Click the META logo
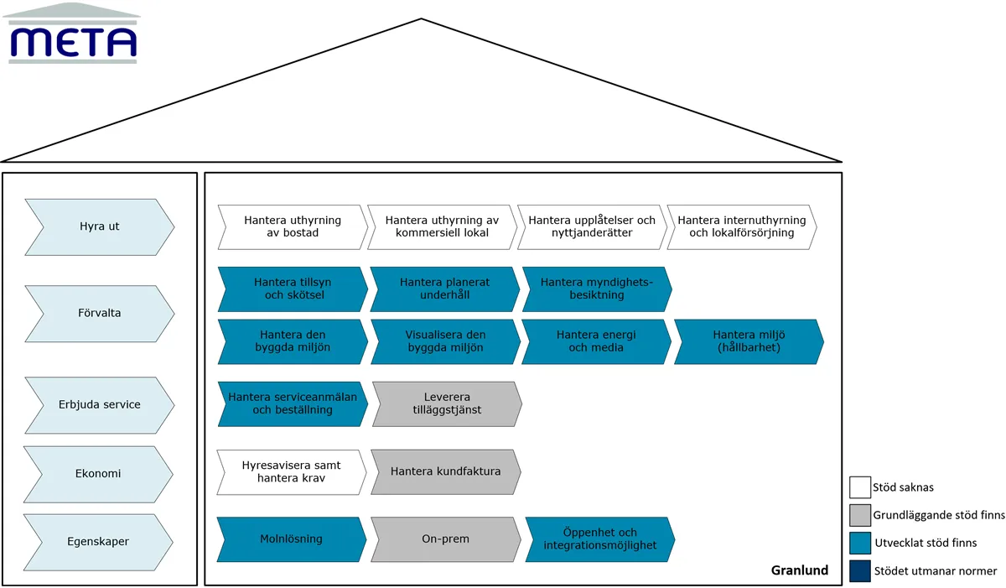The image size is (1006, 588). point(72,34)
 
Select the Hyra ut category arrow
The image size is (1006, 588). point(99,227)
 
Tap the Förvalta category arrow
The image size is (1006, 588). point(99,314)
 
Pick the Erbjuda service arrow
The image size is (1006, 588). point(99,405)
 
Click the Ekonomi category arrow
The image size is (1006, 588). point(98,475)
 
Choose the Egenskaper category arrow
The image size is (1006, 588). point(98,542)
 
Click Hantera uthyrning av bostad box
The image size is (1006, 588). point(293,227)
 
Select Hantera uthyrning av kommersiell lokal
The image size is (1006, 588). point(443,227)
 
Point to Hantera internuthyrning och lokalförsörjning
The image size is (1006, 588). point(742,227)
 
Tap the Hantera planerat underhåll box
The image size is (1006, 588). point(445,289)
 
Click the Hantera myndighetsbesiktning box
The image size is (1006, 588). point(597,289)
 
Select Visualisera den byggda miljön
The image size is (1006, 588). point(445,342)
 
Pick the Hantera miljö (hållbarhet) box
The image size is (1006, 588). point(749,342)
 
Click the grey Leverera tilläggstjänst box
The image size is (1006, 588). point(448,404)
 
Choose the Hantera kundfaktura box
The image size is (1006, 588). point(446,472)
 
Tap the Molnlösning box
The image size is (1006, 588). point(292,539)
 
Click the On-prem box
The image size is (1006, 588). point(446,539)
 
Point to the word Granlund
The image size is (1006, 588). point(800,570)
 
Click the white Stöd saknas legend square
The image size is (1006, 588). point(860,487)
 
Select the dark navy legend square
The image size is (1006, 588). point(860,571)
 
